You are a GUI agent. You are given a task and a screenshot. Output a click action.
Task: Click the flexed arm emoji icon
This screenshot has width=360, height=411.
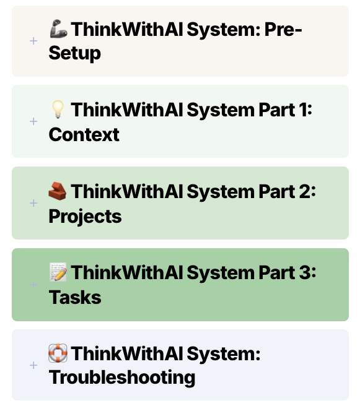pyautogui.click(x=58, y=29)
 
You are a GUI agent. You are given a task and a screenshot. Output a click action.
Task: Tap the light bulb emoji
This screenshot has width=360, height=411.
pyautogui.click(x=58, y=110)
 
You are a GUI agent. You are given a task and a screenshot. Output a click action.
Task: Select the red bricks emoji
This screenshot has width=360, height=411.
pyautogui.click(x=58, y=191)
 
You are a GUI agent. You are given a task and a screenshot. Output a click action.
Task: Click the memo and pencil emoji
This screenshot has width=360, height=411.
pyautogui.click(x=58, y=272)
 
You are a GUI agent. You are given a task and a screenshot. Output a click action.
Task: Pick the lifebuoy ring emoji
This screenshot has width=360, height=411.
pyautogui.click(x=58, y=353)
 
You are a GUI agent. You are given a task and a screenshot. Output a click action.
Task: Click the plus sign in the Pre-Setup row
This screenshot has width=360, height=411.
pyautogui.click(x=33, y=41)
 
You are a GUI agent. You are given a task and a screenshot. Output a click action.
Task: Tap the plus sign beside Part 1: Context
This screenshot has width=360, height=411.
pyautogui.click(x=33, y=121)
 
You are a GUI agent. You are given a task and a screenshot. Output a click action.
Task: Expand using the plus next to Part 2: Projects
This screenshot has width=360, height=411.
pyautogui.click(x=33, y=203)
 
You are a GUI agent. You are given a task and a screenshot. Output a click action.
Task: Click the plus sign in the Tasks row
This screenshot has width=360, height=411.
pyautogui.click(x=33, y=285)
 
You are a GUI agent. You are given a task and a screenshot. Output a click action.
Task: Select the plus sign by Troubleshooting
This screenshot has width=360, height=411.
pyautogui.click(x=33, y=365)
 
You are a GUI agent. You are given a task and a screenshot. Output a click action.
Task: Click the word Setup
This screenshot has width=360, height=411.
pyautogui.click(x=75, y=54)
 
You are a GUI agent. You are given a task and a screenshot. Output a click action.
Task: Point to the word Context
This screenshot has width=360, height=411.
pyautogui.click(x=84, y=135)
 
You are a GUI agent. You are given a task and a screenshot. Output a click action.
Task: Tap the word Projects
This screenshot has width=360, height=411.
pyautogui.click(x=86, y=217)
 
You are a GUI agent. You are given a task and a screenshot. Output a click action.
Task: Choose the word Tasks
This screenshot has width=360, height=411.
pyautogui.click(x=75, y=298)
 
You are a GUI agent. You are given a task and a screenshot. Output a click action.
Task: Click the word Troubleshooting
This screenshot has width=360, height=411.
pyautogui.click(x=122, y=378)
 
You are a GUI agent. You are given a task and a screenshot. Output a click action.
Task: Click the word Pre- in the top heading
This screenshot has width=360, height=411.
pyautogui.click(x=283, y=29)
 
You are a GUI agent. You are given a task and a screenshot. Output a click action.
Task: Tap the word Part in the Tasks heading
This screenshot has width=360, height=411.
pyautogui.click(x=276, y=272)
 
